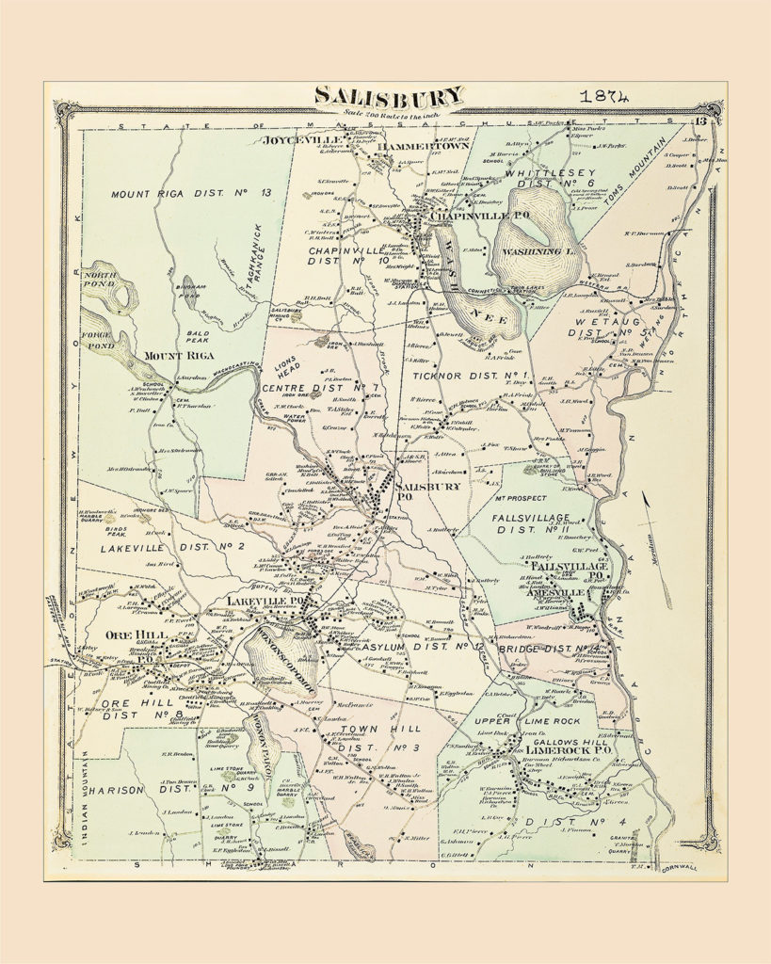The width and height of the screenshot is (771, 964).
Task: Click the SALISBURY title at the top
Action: click(x=388, y=96)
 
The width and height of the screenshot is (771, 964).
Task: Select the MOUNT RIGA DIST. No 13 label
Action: click(x=190, y=193)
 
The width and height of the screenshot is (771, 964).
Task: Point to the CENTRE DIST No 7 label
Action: click(x=307, y=387)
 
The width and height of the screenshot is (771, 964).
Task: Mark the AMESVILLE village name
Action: click(x=546, y=593)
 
